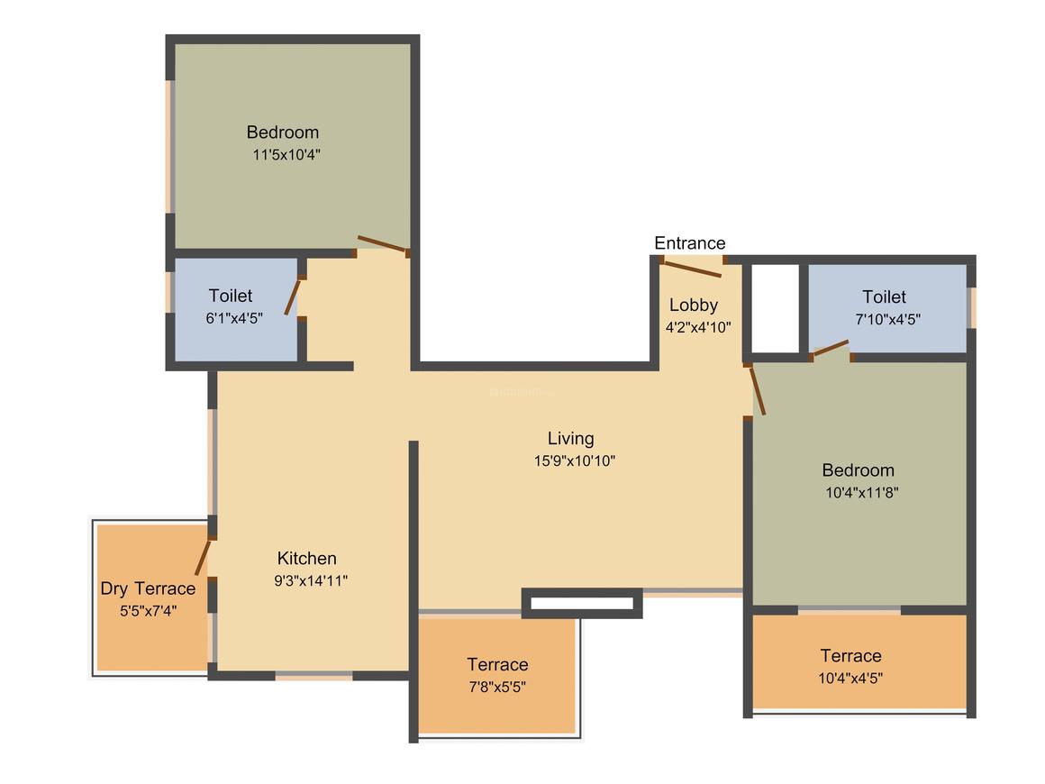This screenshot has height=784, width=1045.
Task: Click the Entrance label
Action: tap(690, 243)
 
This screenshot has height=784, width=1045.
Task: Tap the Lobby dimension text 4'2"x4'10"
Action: tap(698, 327)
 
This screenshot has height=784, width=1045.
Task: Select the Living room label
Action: tap(570, 439)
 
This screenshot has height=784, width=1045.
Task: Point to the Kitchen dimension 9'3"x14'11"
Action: tap(311, 580)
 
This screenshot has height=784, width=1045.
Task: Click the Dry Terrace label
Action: tap(148, 588)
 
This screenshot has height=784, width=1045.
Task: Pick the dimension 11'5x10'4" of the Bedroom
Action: tap(286, 155)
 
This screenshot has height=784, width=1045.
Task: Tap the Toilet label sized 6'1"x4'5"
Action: tap(231, 296)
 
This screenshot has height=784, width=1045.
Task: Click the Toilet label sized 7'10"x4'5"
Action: tap(885, 296)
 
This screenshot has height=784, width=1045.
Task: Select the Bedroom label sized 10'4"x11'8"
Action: tap(859, 470)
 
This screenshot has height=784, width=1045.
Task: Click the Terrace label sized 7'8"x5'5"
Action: tap(497, 665)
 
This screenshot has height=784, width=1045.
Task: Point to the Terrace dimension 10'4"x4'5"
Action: tap(850, 678)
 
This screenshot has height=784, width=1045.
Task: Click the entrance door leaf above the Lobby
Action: tap(693, 269)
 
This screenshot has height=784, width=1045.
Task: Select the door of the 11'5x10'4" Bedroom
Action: tap(383, 244)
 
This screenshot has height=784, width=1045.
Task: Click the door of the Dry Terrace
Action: tap(203, 557)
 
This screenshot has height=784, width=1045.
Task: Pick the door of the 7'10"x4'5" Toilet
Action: tap(831, 348)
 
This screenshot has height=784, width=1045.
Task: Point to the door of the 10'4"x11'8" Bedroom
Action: tap(757, 391)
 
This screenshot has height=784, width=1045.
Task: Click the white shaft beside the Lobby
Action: tap(776, 309)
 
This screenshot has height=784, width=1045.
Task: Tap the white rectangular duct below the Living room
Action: tap(582, 604)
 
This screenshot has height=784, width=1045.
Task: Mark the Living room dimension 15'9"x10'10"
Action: tap(574, 460)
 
